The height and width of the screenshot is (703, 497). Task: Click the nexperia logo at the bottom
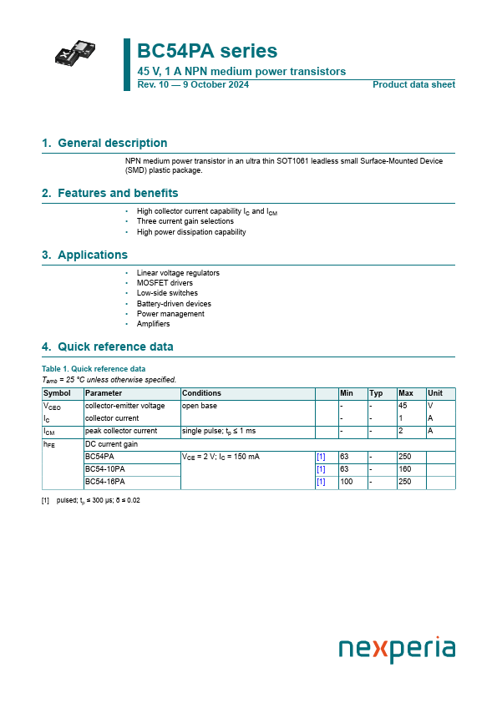(x=397, y=650)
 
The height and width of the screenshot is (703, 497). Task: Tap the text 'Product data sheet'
(x=413, y=85)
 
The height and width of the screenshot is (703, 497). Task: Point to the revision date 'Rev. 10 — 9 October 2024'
(x=192, y=85)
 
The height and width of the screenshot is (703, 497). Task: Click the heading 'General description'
(x=112, y=143)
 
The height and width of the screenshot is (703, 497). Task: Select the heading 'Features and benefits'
(x=117, y=193)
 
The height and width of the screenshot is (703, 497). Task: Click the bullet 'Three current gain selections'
(x=185, y=221)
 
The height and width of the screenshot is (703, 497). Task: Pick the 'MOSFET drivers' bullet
(x=165, y=283)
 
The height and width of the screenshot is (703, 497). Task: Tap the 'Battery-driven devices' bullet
(x=174, y=304)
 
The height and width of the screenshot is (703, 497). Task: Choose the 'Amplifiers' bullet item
(x=153, y=324)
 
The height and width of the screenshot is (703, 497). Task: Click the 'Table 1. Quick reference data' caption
(x=94, y=368)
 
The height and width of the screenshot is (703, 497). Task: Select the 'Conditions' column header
(x=201, y=393)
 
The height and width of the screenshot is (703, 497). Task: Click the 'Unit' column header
(x=435, y=393)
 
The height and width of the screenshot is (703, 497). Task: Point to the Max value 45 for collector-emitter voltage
(x=403, y=405)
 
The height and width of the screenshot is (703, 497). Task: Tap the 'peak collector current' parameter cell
(x=121, y=431)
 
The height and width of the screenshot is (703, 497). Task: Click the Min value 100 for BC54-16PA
(x=346, y=482)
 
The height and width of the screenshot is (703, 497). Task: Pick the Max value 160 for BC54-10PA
(x=405, y=469)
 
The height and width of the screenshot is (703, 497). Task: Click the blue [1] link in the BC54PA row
(x=321, y=457)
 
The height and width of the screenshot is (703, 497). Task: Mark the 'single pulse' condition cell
(x=218, y=431)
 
